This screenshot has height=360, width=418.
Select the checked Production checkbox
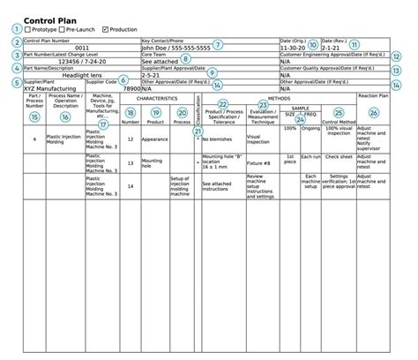coord(106,30)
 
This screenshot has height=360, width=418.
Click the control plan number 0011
coord(81,48)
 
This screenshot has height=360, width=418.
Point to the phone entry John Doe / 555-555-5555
coord(175,48)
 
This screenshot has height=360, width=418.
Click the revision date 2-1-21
coord(332,48)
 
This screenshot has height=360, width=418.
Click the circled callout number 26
coord(374,113)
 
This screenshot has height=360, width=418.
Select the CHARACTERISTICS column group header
coord(158,98)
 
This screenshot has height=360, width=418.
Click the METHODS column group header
coord(280,98)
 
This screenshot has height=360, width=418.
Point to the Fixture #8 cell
coord(258,164)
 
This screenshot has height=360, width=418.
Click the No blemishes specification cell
coord(221,139)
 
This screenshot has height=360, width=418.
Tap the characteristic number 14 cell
coord(131,186)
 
